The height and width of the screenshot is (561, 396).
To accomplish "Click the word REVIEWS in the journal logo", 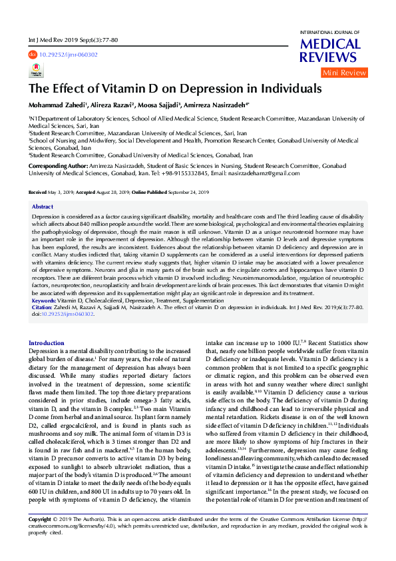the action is point(329,58).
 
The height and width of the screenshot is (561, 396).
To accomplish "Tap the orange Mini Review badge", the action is point(344,73).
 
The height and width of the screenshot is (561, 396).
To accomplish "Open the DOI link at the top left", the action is point(69,55).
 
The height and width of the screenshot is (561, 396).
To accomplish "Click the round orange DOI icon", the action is point(32,55).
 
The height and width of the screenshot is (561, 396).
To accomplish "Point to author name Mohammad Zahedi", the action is point(57,105).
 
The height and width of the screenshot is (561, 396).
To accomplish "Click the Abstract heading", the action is point(43,207).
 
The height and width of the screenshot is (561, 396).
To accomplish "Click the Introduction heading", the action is point(47,342).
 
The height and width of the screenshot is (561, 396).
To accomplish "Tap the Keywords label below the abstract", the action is point(44,301).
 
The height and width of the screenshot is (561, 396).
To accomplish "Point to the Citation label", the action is point(43,308).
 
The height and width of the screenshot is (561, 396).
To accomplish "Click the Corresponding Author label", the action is point(58,165).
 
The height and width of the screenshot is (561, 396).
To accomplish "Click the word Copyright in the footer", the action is point(42,537).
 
